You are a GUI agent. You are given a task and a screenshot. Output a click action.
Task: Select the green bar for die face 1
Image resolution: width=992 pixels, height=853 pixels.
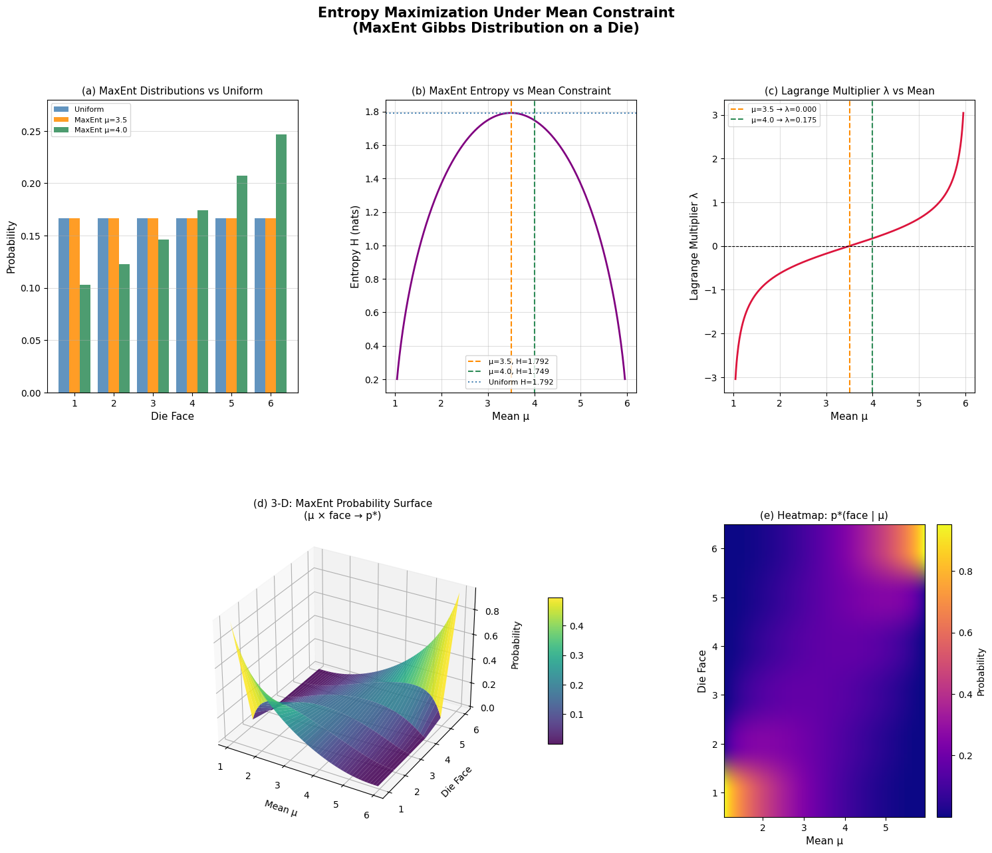[85, 339]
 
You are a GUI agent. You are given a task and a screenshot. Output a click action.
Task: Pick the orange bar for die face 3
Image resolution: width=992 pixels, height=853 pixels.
[153, 305]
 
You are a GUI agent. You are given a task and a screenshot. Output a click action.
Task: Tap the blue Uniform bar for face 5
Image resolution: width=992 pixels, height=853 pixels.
[221, 305]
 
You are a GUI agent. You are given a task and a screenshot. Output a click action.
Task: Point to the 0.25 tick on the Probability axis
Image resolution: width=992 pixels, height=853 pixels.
[31, 131]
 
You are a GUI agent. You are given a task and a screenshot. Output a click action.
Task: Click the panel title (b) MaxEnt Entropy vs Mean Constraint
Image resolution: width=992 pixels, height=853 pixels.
[511, 91]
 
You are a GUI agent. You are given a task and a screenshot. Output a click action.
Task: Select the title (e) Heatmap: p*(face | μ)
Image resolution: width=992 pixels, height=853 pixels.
[824, 516]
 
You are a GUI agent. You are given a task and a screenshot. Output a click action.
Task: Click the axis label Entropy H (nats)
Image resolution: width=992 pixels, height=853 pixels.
[356, 246]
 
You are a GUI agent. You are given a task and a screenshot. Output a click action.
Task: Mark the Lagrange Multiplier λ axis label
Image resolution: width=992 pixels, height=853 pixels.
[694, 246]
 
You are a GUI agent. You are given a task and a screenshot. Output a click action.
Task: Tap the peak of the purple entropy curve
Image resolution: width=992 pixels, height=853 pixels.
[511, 113]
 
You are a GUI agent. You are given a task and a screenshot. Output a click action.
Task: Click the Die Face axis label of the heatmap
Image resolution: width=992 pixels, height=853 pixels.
[703, 671]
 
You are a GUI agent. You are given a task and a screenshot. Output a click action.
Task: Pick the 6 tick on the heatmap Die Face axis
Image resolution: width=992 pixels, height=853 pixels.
[713, 549]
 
